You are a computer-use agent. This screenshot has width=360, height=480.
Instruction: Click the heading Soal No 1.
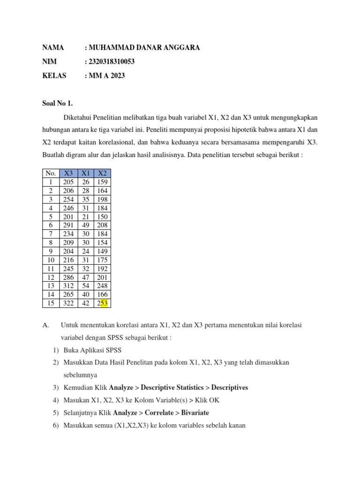[58, 103]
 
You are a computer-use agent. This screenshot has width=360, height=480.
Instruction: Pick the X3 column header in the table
[68, 173]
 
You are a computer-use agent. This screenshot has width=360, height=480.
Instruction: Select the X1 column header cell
[86, 173]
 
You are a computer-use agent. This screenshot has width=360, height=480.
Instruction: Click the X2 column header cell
[102, 173]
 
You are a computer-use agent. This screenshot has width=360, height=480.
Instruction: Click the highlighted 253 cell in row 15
[102, 303]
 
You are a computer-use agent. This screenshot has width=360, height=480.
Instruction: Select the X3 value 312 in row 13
[68, 286]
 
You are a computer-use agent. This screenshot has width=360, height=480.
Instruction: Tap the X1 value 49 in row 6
[86, 225]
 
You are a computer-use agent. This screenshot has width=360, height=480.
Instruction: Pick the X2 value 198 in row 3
[102, 199]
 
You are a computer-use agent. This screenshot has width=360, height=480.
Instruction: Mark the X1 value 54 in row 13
[86, 286]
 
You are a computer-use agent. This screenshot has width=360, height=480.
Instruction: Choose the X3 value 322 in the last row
[68, 303]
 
